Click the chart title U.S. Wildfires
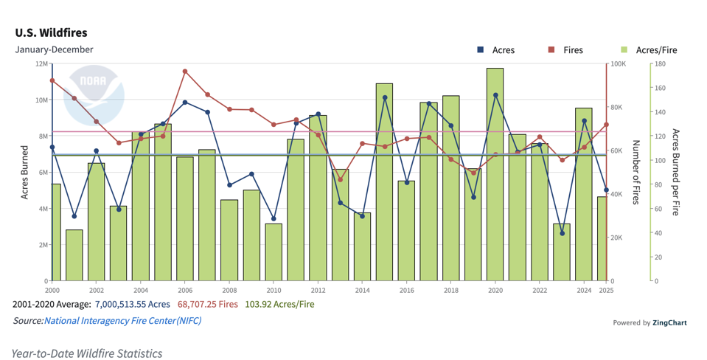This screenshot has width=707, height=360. tap(51, 33)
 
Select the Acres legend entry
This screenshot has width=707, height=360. tap(503, 50)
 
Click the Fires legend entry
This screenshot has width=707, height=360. tap(572, 50)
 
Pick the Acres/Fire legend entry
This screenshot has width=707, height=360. tap(655, 50)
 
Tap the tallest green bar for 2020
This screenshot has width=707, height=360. tap(495, 175)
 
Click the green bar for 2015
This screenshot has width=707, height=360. tap(384, 182)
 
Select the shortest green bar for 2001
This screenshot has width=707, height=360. tap(74, 255)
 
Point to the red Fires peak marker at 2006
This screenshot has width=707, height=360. tap(185, 72)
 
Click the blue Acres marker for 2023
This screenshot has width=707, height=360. tap(563, 233)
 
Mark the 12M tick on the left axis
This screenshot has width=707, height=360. tap(41, 64)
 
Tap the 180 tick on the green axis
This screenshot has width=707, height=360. tap(661, 64)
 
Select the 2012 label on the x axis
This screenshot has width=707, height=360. tap(318, 291)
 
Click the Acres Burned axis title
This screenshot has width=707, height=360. tap(24, 173)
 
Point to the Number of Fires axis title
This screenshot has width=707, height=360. tap(636, 173)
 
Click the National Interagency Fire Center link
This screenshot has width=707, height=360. tap(122, 321)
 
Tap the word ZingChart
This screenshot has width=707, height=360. tap(669, 322)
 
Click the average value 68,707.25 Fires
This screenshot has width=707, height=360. tap(207, 304)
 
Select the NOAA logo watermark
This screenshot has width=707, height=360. tap(94, 96)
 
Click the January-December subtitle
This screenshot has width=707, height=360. tap(54, 49)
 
